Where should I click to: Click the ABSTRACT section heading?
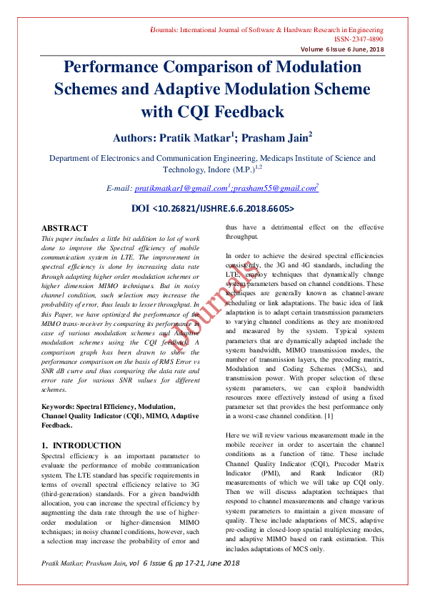[x=64, y=227]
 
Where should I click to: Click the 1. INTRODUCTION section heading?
[x=81, y=445]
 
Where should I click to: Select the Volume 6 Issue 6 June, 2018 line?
[x=341, y=49]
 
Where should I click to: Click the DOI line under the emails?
[x=213, y=209]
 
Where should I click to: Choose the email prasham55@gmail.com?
[x=277, y=188]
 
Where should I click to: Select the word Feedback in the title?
[x=243, y=112]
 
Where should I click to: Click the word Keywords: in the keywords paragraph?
[x=61, y=405]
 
